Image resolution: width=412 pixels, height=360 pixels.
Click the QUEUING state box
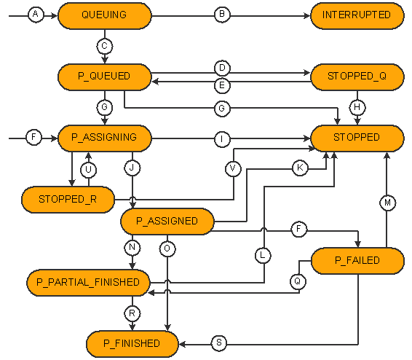105,16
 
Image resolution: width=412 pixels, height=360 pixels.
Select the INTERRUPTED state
357,16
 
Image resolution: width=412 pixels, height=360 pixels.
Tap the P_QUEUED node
105,77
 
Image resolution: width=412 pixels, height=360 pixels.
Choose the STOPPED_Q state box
357,77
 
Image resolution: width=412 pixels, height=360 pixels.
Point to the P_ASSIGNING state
105,138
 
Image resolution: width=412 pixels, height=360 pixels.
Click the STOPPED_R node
68,200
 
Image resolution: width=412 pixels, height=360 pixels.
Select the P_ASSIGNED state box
167,222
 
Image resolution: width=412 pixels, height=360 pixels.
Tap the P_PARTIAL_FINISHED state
88,283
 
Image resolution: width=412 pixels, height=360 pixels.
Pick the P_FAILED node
357,261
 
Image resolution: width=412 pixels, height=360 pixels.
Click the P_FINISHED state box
132,344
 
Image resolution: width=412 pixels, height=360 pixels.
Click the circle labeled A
36,15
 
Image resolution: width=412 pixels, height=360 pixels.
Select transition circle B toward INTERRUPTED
222,15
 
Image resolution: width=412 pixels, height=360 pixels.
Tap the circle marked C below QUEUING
105,47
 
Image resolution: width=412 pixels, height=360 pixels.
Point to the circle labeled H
357,107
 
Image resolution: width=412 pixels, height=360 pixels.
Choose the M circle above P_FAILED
388,203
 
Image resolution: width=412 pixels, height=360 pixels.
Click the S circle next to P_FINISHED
219,343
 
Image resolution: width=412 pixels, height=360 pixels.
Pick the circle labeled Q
298,281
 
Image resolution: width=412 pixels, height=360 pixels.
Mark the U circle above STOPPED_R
88,170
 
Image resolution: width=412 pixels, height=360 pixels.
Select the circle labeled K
300,168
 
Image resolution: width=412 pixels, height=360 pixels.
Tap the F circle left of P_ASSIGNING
33,137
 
